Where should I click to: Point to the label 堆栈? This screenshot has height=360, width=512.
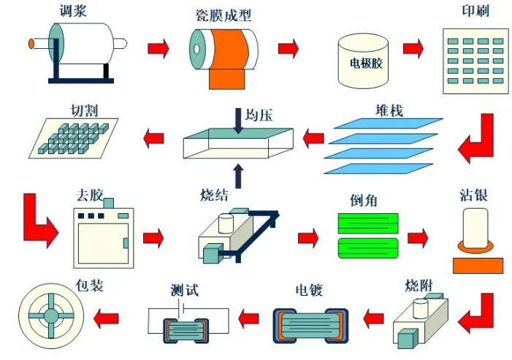pyautogui.click(x=389, y=110)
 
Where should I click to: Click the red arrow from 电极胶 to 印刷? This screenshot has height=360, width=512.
pyautogui.click(x=413, y=49)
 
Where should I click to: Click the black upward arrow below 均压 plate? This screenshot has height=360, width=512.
pyautogui.click(x=238, y=175)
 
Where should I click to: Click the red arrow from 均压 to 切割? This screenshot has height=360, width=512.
pyautogui.click(x=154, y=137)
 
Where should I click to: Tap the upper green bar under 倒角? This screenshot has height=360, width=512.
pyautogui.click(x=368, y=223)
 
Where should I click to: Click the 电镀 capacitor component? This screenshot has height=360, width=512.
pyautogui.click(x=310, y=326)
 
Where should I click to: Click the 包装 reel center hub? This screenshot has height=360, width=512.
pyautogui.click(x=51, y=316)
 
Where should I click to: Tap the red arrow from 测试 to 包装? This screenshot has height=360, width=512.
pyautogui.click(x=107, y=317)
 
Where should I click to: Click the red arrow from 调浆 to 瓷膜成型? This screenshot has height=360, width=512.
pyautogui.click(x=158, y=49)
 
